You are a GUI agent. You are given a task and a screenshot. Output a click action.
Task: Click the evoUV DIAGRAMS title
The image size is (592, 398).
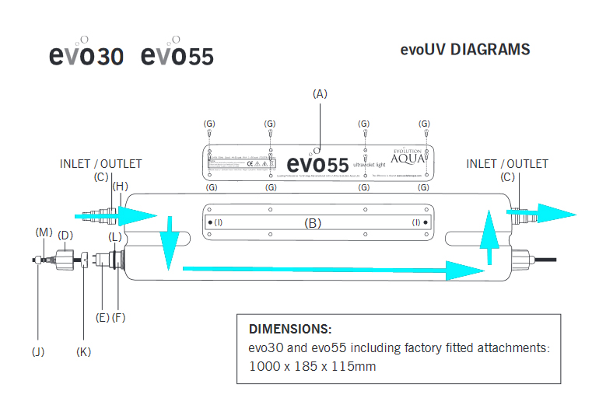pos(465,50)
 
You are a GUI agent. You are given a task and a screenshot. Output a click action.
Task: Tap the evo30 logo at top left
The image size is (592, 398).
pos(86,55)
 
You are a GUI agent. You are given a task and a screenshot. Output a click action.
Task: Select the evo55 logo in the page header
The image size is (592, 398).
pos(177,55)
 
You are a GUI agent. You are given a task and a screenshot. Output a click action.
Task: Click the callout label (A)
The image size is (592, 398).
pos(320,93)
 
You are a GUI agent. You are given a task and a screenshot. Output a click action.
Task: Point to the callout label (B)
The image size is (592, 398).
pos(313,223)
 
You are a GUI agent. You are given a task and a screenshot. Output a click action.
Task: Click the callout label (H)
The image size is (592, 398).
pos(120,187)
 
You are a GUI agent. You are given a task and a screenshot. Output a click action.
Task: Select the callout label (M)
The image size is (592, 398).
pos(43,232)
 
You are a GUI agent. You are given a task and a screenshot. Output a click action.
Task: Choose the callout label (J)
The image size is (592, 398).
pos(38,351)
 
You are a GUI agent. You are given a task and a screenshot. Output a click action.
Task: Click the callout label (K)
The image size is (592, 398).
pos(84,351)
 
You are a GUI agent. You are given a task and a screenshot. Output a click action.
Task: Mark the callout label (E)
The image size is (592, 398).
pos(102,317)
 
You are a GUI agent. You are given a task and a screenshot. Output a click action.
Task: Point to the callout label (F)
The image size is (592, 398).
pos(118,317)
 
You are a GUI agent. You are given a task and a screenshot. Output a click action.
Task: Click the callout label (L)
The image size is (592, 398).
pos(114,236)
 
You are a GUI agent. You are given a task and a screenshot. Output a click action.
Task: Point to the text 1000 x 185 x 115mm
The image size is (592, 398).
pos(312,365)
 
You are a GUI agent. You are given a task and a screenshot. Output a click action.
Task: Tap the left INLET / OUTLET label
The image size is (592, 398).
pos(101,164)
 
